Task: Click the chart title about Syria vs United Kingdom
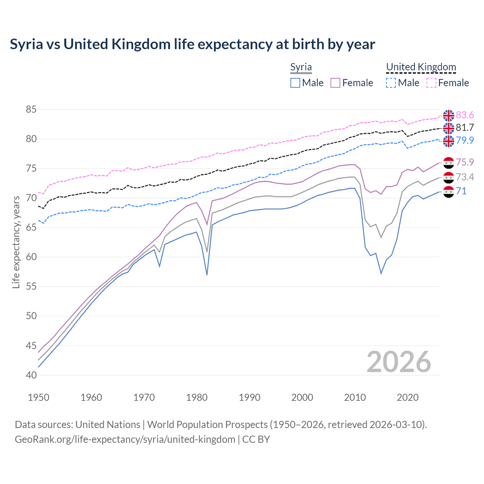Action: pyautogui.click(x=192, y=44)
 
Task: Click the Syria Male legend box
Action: pyautogui.click(x=295, y=83)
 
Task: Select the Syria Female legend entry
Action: pyautogui.click(x=352, y=83)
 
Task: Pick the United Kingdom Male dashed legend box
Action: pyautogui.click(x=391, y=83)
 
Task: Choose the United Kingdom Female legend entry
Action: pyautogui.click(x=448, y=83)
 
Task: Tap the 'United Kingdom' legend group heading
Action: pyautogui.click(x=421, y=67)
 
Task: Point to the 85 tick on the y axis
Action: pyautogui.click(x=31, y=110)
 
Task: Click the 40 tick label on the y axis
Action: pyautogui.click(x=31, y=375)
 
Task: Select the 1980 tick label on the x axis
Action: pyautogui.click(x=197, y=397)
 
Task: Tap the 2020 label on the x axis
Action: pyautogui.click(x=408, y=397)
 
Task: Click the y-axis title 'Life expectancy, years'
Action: pyautogui.click(x=16, y=242)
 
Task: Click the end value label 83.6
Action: pyautogui.click(x=465, y=115)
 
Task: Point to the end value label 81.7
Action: pyautogui.click(x=465, y=127)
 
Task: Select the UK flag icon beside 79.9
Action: pyautogui.click(x=448, y=141)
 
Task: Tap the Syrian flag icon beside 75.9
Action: pyautogui.click(x=448, y=163)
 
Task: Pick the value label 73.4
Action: pyautogui.click(x=465, y=177)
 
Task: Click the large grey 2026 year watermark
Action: pyautogui.click(x=399, y=362)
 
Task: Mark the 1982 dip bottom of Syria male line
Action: pyautogui.click(x=207, y=275)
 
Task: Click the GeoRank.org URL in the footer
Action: pyautogui.click(x=125, y=439)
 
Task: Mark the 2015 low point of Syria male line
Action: pyautogui.click(x=381, y=273)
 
